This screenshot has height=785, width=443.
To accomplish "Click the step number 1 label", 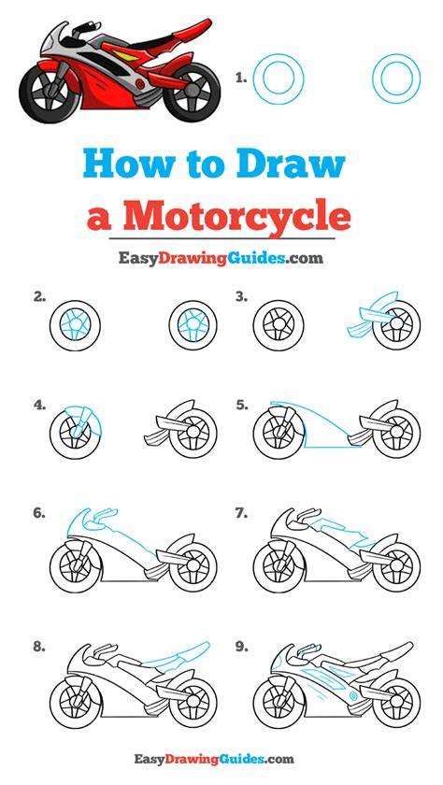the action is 241,78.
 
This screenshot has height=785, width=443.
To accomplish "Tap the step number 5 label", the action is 242,406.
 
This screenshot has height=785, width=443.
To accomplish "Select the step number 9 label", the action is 242,647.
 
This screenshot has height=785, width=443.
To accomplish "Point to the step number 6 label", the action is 39,513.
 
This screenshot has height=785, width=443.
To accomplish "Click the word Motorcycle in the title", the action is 236,216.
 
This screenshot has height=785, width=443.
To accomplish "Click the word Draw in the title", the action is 291,165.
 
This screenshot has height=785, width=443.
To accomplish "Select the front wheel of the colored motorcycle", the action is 49,93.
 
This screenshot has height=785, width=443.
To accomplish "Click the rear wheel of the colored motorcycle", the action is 192,92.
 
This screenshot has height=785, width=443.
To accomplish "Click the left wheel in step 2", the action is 75,325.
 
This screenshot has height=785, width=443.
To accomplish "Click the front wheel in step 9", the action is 279,699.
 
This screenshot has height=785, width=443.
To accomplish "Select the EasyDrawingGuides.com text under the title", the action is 221,258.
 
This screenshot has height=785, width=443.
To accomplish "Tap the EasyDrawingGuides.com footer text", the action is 214,759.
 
